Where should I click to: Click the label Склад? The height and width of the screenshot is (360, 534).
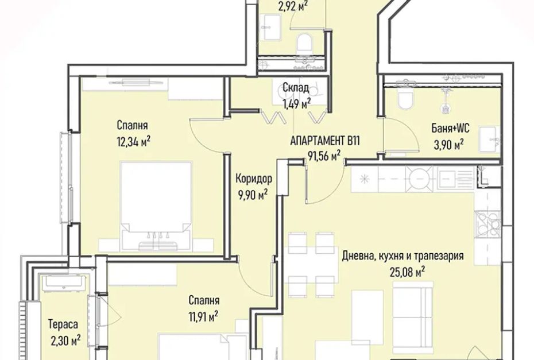(x=296, y=88)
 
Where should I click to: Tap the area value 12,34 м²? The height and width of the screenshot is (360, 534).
(x=133, y=141)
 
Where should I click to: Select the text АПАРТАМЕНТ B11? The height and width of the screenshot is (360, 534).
(x=325, y=141)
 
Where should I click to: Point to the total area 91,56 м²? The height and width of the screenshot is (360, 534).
(x=324, y=156)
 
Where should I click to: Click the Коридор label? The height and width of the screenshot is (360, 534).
(x=254, y=178)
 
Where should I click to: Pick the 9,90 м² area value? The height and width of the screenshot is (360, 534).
(x=253, y=195)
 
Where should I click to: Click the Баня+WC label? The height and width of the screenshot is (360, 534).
(x=450, y=129)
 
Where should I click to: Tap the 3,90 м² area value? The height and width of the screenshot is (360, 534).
(x=448, y=145)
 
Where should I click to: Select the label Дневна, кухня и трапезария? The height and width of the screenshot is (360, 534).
(x=403, y=256)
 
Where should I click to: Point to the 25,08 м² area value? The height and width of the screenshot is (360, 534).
(x=407, y=272)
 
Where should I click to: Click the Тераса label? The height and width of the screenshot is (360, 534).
(x=63, y=324)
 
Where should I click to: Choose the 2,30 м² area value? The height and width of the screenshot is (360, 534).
(x=65, y=340)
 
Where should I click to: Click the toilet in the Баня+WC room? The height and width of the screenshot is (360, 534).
(x=405, y=98)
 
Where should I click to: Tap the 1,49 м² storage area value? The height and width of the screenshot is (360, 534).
(x=296, y=104)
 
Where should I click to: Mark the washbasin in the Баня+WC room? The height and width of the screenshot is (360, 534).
(x=489, y=139)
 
